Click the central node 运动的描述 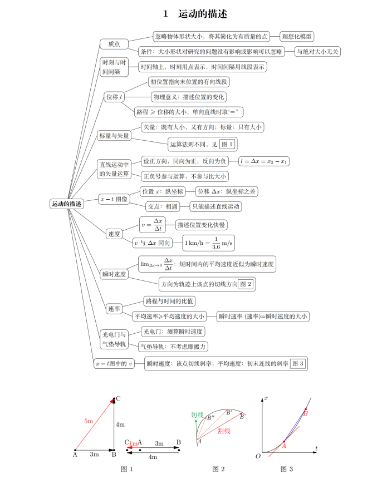(66, 204)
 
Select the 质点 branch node (114, 44)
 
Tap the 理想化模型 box (297, 37)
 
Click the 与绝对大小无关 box (318, 52)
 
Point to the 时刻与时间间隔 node (114, 67)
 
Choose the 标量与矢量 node (114, 136)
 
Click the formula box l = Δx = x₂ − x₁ (264, 161)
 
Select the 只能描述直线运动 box (216, 206)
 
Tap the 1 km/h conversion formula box (209, 243)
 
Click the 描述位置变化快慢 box (202, 225)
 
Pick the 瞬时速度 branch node (114, 274)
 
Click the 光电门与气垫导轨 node (114, 339)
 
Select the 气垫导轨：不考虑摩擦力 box (174, 347)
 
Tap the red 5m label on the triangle (89, 421)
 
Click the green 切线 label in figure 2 (197, 415)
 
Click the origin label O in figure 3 (257, 457)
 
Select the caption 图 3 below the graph (286, 470)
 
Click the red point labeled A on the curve (283, 441)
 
